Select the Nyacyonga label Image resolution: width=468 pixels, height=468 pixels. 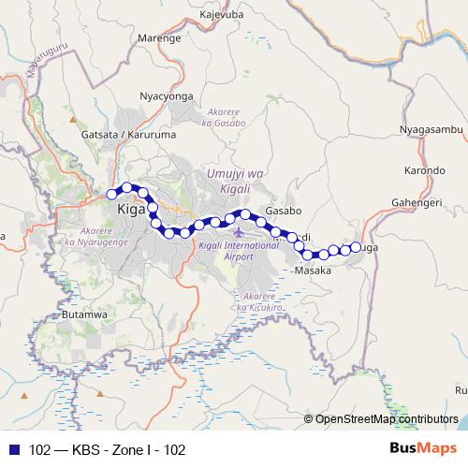tap(165, 95)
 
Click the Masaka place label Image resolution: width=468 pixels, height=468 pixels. tap(314, 271)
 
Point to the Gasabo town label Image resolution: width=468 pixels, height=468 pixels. tap(281, 212)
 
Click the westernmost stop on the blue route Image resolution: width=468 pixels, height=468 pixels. tap(111, 194)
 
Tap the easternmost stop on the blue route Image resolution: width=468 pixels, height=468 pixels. tap(356, 247)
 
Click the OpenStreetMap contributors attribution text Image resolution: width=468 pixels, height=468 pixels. tap(387, 418)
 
